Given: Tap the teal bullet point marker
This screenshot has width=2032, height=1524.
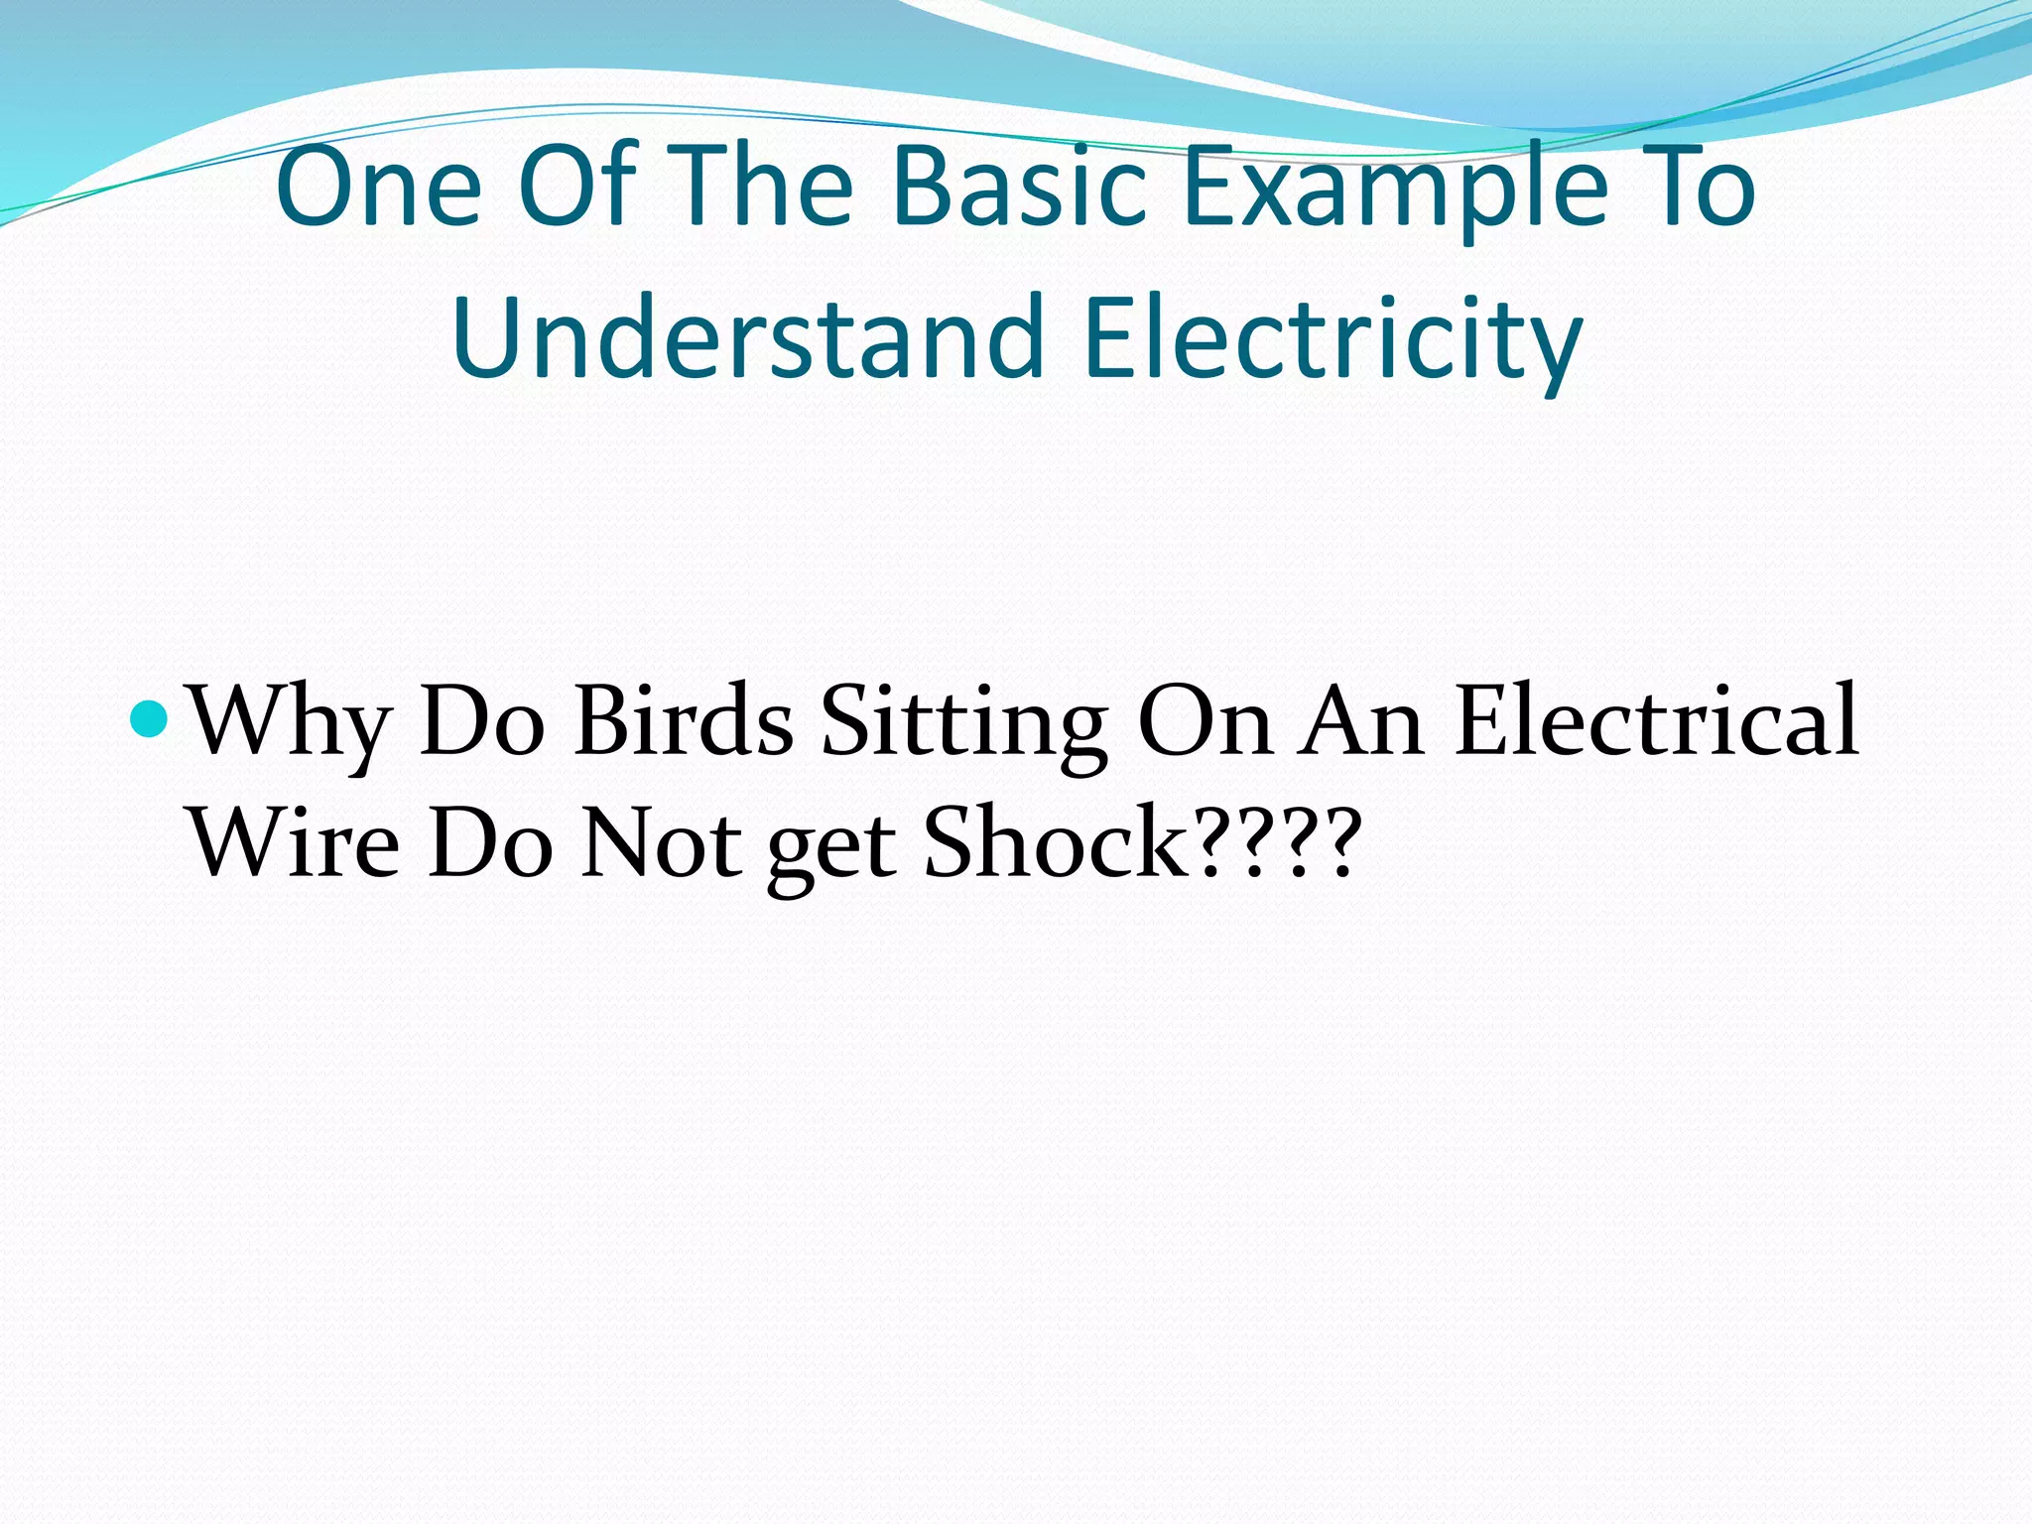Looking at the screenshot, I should coord(150,718).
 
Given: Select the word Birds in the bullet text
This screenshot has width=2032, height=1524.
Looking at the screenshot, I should coord(684,720).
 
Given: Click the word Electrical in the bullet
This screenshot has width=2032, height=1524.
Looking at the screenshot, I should coord(1656,718).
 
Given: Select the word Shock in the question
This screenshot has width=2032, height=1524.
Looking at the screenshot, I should coord(1057,841).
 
